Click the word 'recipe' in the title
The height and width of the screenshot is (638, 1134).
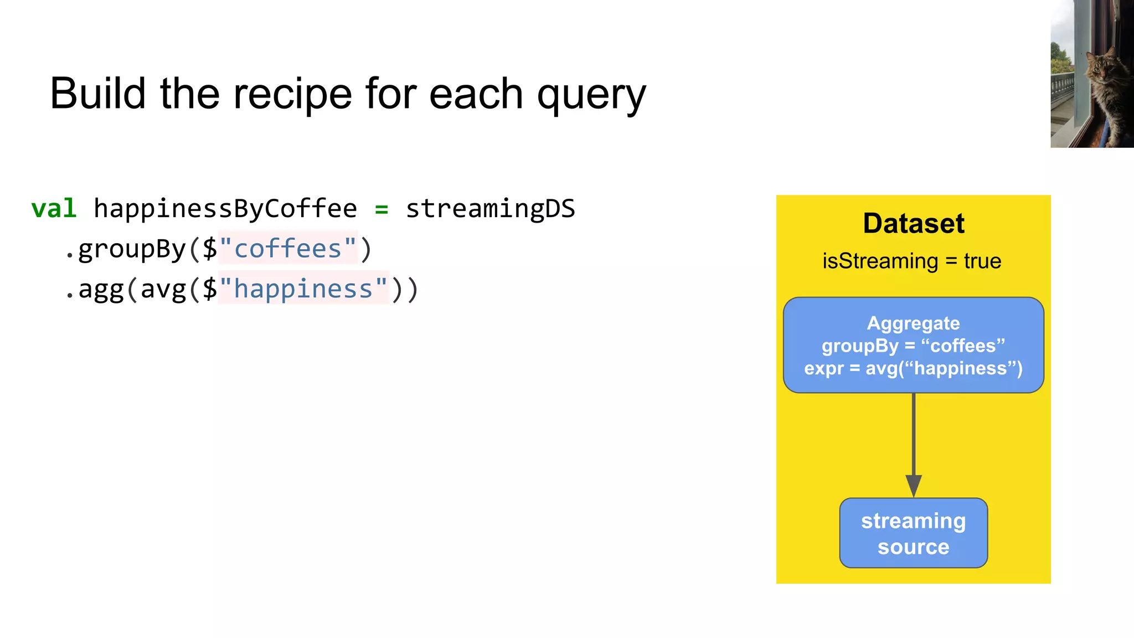click(292, 94)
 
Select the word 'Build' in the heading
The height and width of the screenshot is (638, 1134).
click(98, 93)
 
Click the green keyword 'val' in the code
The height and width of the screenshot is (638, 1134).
click(54, 209)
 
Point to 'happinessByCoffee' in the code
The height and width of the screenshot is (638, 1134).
click(225, 209)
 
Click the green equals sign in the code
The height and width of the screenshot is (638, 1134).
click(382, 209)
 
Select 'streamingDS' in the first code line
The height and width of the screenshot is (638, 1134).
click(491, 209)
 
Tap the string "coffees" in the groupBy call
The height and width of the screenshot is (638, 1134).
click(288, 249)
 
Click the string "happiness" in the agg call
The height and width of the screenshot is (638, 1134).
click(303, 289)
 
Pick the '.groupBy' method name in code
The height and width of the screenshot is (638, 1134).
click(125, 249)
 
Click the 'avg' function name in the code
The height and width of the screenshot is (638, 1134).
click(163, 289)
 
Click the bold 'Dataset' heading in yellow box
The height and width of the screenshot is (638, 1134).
click(914, 224)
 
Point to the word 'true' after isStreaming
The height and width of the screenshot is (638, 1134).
click(982, 261)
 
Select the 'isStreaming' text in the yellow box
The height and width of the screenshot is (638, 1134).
click(880, 261)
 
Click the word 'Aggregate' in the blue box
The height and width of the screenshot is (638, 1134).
click(914, 323)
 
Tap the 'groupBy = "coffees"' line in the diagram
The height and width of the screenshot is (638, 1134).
click(914, 346)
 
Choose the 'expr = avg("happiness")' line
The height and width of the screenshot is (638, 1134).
click(914, 368)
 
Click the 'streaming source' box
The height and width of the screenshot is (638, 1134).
click(914, 533)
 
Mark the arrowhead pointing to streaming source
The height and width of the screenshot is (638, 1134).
click(914, 485)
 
